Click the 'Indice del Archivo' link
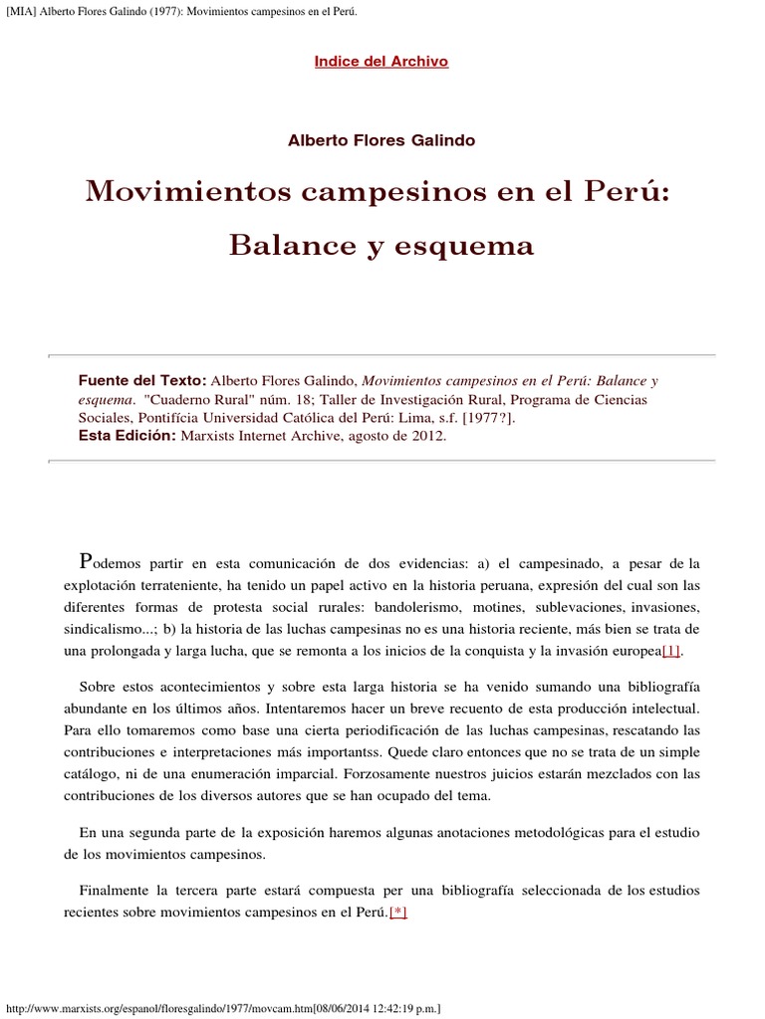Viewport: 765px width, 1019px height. [382, 62]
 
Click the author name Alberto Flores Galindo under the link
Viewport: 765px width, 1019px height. [382, 140]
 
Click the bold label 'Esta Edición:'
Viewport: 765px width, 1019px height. [127, 436]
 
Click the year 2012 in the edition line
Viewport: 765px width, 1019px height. [429, 436]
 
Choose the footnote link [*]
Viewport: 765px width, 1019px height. [398, 913]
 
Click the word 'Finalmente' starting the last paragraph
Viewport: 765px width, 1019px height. [117, 891]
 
